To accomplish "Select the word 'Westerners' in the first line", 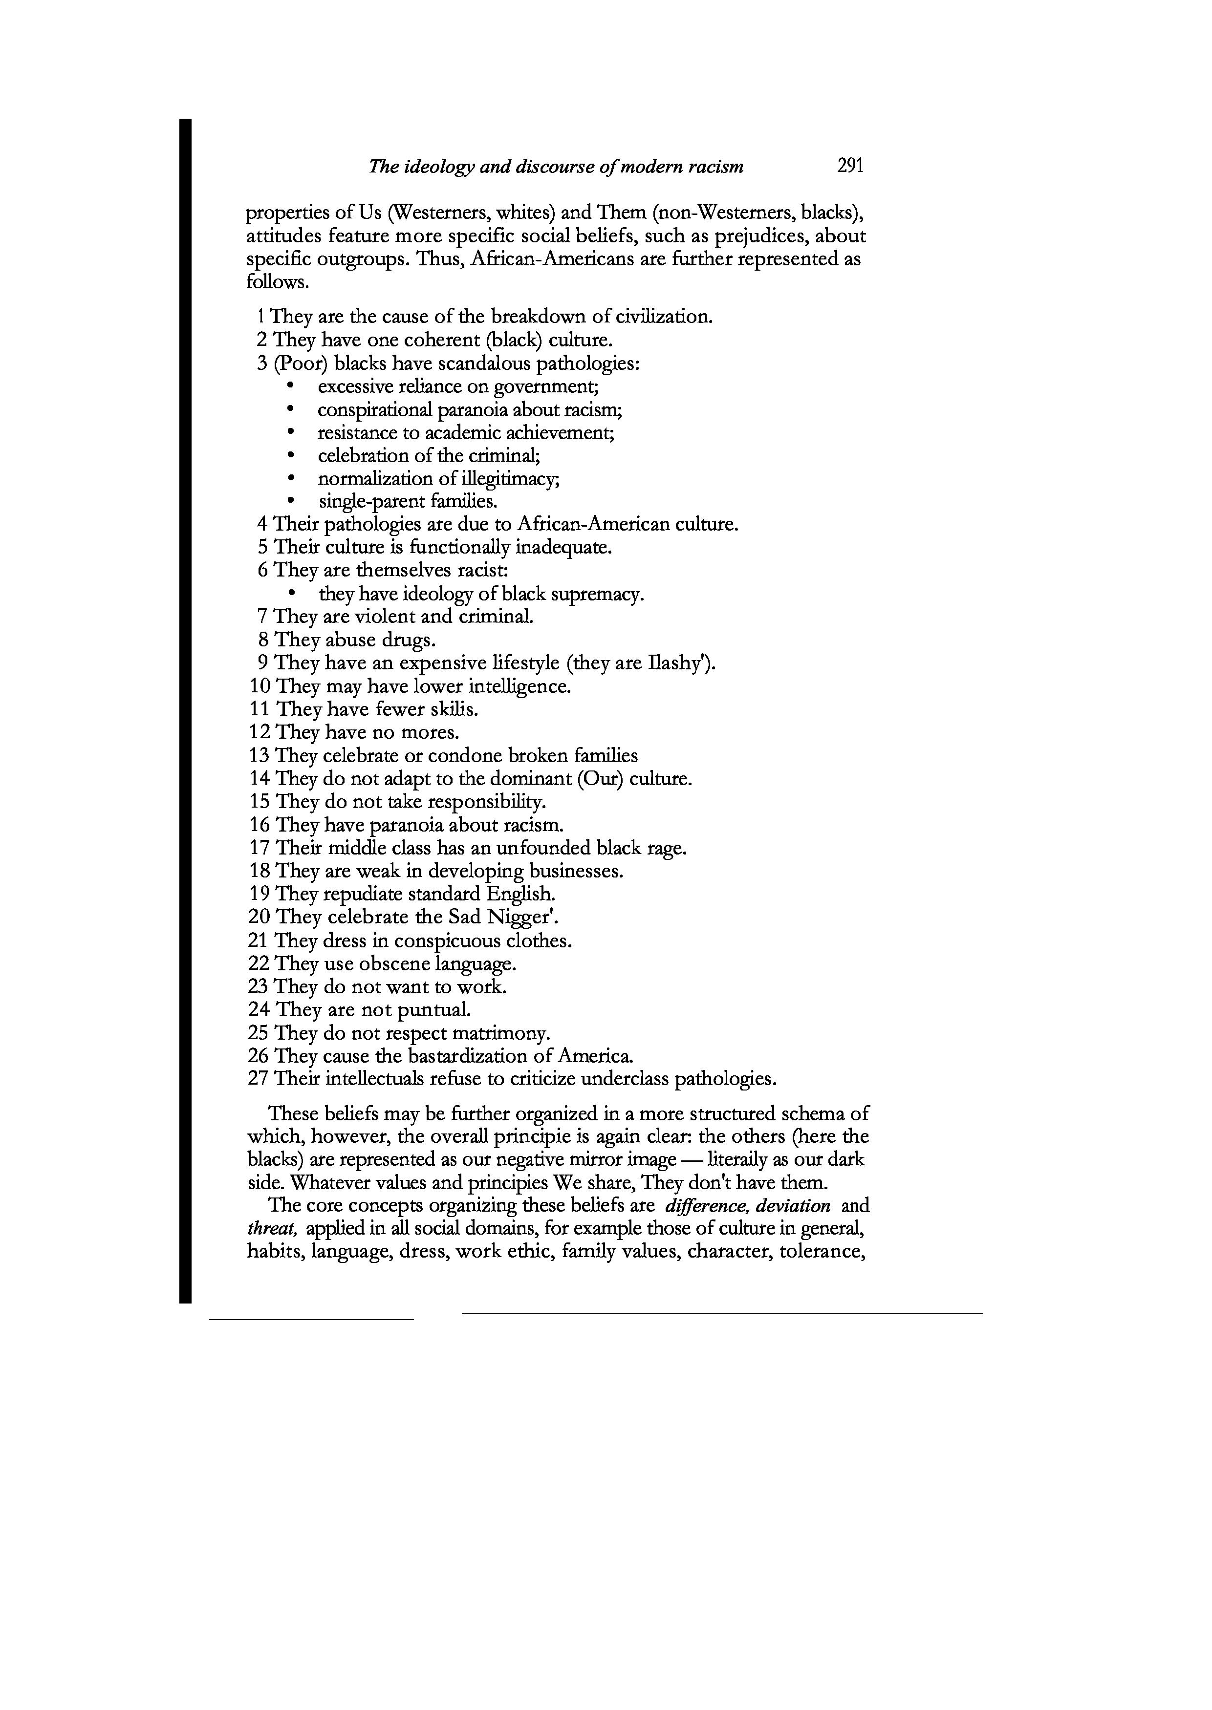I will point(440,214).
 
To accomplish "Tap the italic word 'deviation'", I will point(793,1206).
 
